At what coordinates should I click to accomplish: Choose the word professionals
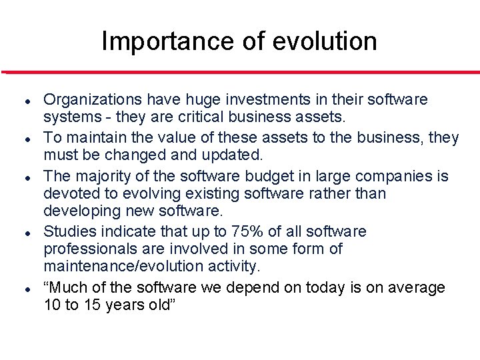pyautogui.click(x=87, y=249)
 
